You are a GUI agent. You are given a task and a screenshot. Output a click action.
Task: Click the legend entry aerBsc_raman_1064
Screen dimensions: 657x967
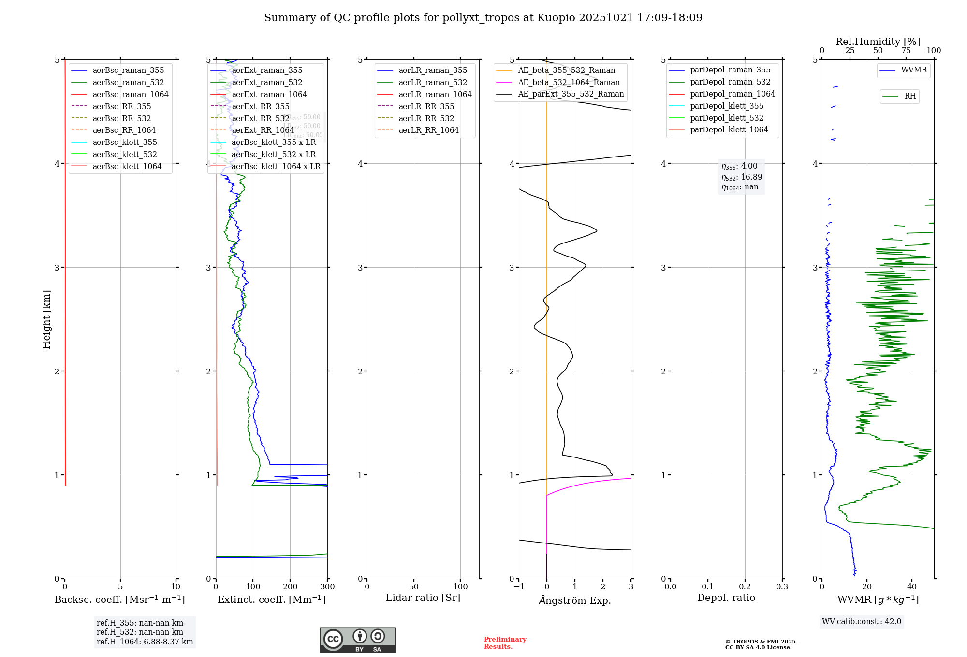(x=131, y=94)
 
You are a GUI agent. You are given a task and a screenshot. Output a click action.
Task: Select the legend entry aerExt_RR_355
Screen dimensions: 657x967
(x=261, y=106)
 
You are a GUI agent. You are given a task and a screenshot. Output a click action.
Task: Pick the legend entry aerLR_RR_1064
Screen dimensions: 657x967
(x=428, y=130)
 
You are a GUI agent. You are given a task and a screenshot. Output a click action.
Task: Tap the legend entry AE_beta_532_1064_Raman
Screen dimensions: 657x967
(x=569, y=82)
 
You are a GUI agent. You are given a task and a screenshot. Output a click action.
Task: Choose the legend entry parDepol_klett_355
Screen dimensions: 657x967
(x=727, y=106)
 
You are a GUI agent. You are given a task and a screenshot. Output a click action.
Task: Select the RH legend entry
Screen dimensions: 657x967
(x=910, y=96)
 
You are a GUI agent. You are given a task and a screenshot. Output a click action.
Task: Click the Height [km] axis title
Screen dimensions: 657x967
(x=46, y=319)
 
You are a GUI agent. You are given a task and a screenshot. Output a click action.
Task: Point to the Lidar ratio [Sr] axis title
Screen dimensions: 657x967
(x=423, y=598)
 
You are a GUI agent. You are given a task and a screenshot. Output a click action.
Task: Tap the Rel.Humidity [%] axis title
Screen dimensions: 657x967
(x=878, y=42)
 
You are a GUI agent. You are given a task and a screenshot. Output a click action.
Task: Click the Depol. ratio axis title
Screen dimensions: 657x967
(x=726, y=598)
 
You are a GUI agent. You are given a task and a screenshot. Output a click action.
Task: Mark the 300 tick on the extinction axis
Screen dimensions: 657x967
(x=328, y=587)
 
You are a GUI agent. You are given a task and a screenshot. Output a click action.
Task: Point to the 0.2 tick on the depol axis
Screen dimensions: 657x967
(x=745, y=587)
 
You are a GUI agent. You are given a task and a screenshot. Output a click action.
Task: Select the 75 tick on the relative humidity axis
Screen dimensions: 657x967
(x=906, y=51)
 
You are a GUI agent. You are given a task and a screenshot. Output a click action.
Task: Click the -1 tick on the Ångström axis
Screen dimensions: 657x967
(x=519, y=587)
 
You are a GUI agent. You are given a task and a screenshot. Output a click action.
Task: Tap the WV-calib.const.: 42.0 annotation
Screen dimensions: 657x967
(x=862, y=621)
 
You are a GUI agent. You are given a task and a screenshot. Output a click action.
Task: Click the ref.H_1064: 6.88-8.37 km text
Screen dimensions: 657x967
(x=145, y=642)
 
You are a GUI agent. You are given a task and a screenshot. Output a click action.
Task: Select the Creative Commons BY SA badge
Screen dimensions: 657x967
(x=357, y=640)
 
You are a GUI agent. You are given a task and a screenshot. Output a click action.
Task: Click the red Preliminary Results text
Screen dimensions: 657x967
(x=505, y=643)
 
